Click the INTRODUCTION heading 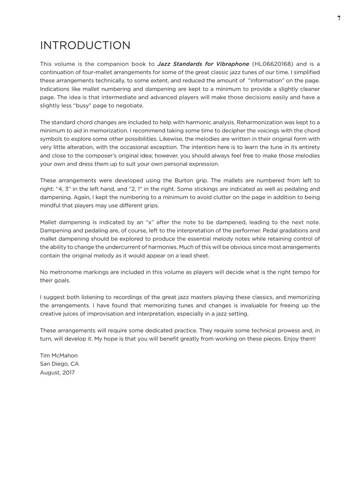tap(85, 45)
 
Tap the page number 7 tap(339, 18)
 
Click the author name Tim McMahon tap(59, 355)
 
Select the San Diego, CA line tap(59, 364)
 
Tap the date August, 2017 tap(57, 372)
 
